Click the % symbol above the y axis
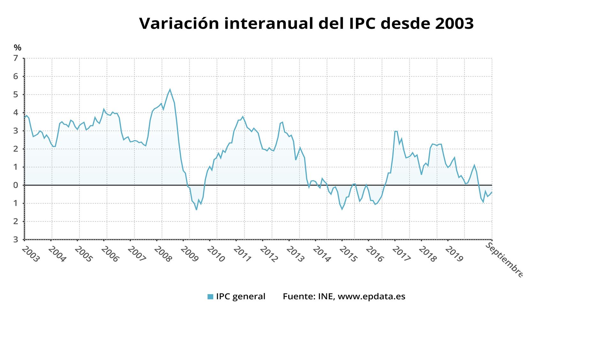pyautogui.click(x=18, y=48)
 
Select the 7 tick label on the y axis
pyautogui.click(x=16, y=58)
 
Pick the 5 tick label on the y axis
pyautogui.click(x=16, y=95)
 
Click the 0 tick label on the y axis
pyautogui.click(x=16, y=185)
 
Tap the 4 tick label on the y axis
pyautogui.click(x=16, y=113)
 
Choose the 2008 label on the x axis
pyautogui.click(x=163, y=254)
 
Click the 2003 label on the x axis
pyautogui.click(x=31, y=254)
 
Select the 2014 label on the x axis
pyautogui.click(x=322, y=254)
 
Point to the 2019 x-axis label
pyautogui.click(x=454, y=254)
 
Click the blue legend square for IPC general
pyautogui.click(x=210, y=297)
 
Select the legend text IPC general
pyautogui.click(x=240, y=296)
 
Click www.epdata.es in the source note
pyautogui.click(x=371, y=296)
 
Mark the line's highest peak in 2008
pyautogui.click(x=170, y=89)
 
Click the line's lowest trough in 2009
pyautogui.click(x=196, y=210)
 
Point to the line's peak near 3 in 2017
pyautogui.click(x=395, y=131)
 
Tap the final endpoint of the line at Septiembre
pyautogui.click(x=492, y=192)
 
